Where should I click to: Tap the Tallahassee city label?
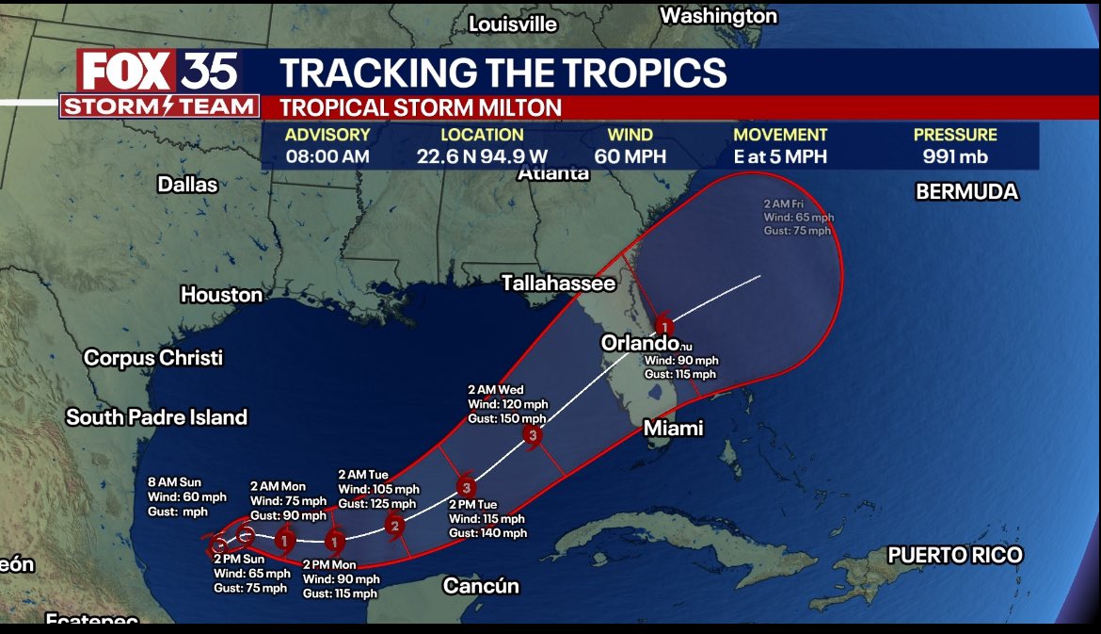click(558, 283)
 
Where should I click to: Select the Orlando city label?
click(640, 344)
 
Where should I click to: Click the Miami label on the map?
click(673, 429)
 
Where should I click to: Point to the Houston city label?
click(221, 295)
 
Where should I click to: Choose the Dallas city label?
click(187, 185)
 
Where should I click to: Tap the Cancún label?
click(481, 586)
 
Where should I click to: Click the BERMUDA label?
click(966, 192)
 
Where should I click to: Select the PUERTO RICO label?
click(954, 556)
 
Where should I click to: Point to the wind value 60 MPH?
click(630, 157)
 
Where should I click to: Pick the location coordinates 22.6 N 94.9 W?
click(482, 157)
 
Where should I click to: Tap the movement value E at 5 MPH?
click(780, 157)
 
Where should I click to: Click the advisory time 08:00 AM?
click(327, 157)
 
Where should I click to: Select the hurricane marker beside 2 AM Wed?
click(534, 435)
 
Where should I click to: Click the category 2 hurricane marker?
click(395, 526)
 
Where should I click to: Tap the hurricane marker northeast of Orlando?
click(664, 327)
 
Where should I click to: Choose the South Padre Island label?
click(156, 417)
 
